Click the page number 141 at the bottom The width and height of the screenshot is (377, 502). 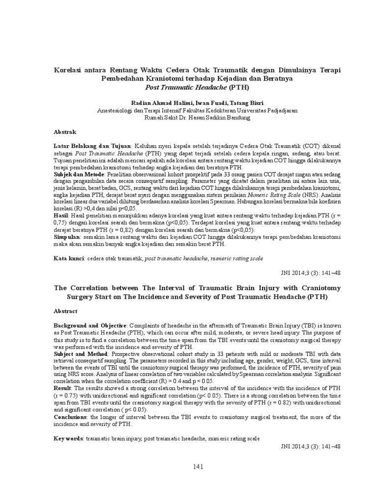[x=198, y=466]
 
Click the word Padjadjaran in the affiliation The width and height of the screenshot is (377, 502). [x=278, y=111]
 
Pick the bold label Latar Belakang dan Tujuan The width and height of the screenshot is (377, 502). [x=92, y=146]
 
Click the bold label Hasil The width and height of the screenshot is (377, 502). [x=61, y=216]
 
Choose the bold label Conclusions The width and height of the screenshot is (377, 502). [x=71, y=417]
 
